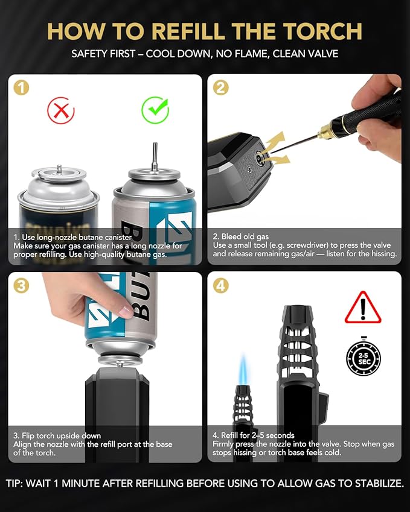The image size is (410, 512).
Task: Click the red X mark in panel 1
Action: [x=61, y=111]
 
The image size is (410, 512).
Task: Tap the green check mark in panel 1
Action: [x=155, y=110]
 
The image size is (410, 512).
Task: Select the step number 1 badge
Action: [x=21, y=87]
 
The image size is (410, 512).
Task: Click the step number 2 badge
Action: [x=220, y=87]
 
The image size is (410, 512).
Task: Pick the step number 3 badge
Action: [x=21, y=286]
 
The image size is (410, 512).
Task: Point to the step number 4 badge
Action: [x=220, y=286]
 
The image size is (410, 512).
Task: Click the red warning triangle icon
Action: [x=363, y=308]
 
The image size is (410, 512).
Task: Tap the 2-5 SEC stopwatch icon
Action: [x=364, y=357]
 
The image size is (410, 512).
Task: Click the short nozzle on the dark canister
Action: [x=59, y=169]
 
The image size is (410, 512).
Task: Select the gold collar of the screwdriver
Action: [x=325, y=131]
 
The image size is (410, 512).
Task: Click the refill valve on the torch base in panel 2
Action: [x=260, y=158]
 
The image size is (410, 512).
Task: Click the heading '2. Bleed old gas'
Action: [x=241, y=236]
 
